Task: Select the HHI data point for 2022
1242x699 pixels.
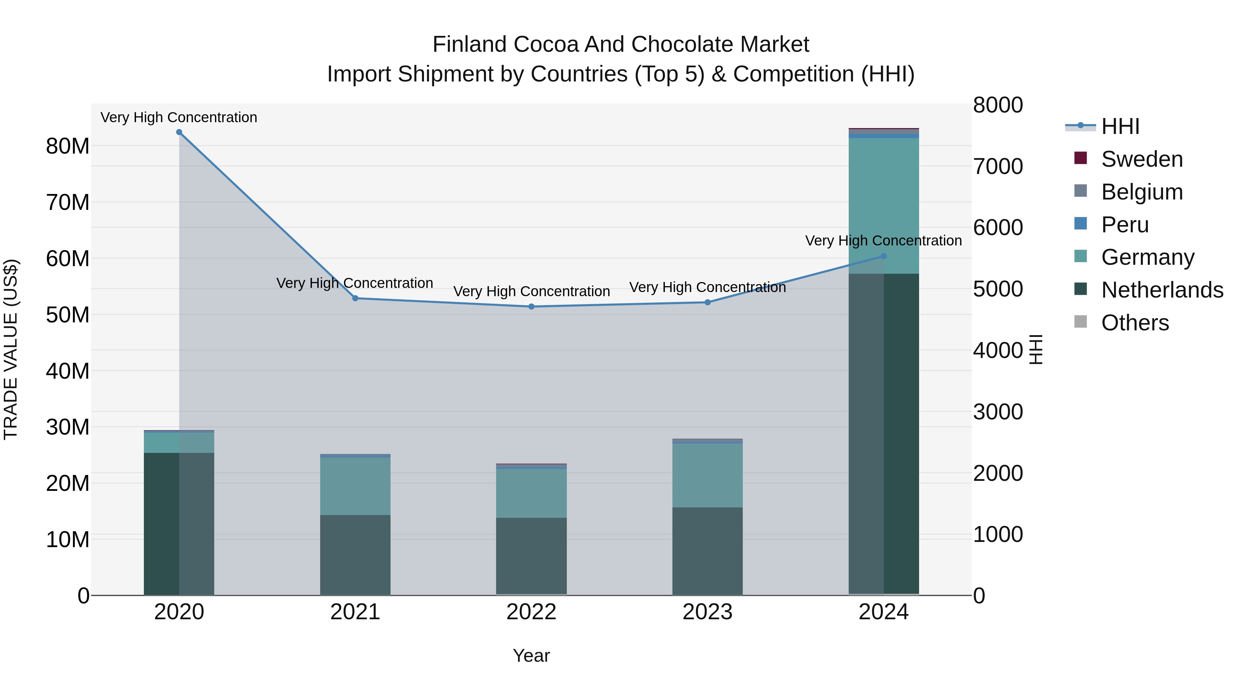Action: click(x=531, y=306)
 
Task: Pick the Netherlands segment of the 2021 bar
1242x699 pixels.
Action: click(x=355, y=555)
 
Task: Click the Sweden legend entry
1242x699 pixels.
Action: click(x=1141, y=159)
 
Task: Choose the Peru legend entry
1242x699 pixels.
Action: click(x=1124, y=225)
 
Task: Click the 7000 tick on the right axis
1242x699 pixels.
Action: click(x=997, y=166)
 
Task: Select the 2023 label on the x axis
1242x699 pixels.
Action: click(x=707, y=612)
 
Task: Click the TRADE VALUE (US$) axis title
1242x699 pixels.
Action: click(x=11, y=349)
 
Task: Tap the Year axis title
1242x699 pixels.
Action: click(x=531, y=656)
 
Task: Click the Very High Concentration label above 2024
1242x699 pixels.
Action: click(x=883, y=240)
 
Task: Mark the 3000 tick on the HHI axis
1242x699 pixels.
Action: click(x=997, y=412)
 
